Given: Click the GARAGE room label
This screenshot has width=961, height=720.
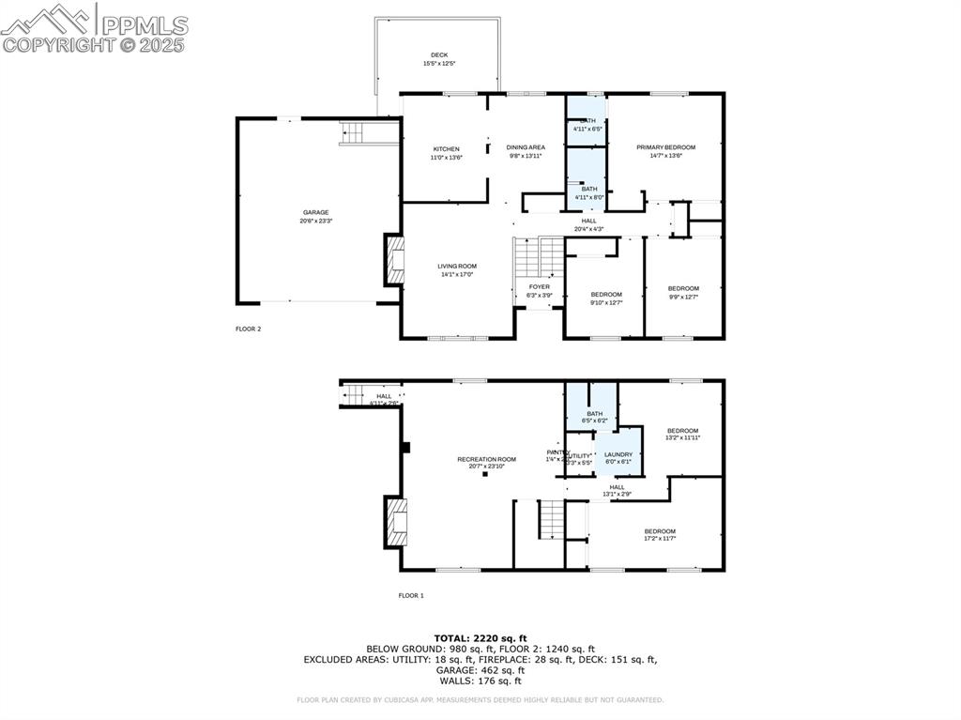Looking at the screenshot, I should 315,212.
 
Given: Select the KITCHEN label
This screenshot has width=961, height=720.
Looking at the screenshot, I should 446,149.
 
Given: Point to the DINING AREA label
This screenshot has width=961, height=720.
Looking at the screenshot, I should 526,147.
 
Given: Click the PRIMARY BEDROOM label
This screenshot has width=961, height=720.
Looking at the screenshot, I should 665,147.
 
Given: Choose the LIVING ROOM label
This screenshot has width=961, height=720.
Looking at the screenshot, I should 457,267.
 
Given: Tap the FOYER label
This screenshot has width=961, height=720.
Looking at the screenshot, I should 540,286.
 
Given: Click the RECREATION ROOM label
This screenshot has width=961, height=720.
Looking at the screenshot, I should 486,459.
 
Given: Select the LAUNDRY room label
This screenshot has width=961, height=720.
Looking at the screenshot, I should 618,454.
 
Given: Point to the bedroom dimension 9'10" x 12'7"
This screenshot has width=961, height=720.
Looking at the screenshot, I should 606,302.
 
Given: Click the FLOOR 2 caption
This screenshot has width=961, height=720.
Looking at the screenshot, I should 248,329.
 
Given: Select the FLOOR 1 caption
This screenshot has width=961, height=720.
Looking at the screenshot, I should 411,595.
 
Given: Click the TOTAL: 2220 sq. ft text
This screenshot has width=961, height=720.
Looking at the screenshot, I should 480,637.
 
